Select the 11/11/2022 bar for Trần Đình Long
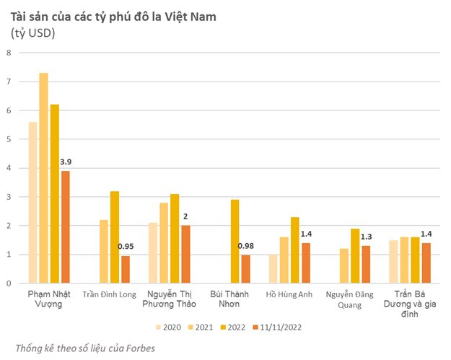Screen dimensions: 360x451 point(126,270)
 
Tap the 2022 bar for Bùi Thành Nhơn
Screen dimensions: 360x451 point(235,242)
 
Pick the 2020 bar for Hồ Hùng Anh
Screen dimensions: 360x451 point(273,269)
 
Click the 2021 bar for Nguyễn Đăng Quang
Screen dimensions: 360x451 point(344,266)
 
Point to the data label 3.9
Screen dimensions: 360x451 point(66,162)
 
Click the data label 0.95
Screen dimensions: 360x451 point(126,247)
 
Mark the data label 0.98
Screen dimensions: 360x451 point(246,247)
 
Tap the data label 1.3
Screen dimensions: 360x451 point(367,237)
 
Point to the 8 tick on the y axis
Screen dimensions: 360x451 point(9,53)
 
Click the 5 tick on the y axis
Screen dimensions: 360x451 point(9,139)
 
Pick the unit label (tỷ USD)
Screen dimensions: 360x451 point(33,32)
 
